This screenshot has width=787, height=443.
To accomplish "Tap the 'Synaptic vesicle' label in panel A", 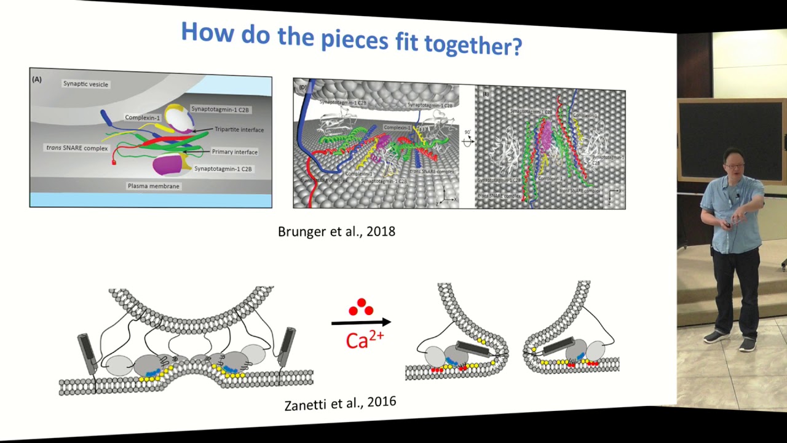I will (x=85, y=84).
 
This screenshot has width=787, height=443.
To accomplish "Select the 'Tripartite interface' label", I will (x=239, y=130).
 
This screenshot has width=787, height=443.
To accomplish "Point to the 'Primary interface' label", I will (x=234, y=152).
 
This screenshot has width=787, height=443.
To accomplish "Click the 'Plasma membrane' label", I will (x=154, y=186).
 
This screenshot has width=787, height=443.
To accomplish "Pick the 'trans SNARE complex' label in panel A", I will (x=77, y=148).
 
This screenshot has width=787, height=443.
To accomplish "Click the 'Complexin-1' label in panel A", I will (x=142, y=118).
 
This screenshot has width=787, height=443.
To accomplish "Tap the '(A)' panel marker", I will (x=37, y=79).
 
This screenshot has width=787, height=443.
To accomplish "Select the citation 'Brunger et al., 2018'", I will (x=336, y=232).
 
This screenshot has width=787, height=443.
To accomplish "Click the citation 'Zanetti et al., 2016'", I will (x=340, y=404).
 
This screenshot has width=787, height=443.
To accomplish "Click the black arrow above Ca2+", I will (x=361, y=322).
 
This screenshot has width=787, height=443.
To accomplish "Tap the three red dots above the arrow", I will (x=361, y=307).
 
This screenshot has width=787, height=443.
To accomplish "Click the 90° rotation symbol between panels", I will (x=467, y=140).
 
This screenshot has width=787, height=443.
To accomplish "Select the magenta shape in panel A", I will (x=167, y=164).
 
